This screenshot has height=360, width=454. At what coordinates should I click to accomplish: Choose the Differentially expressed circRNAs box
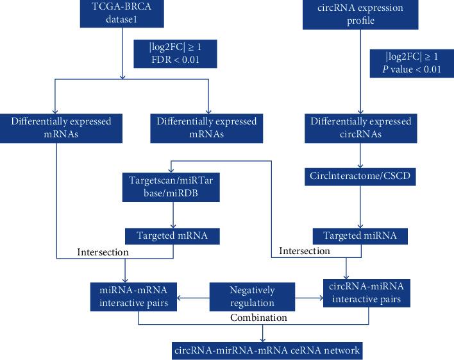click(360, 128)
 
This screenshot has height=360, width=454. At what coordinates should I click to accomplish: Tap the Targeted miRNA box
click(360, 236)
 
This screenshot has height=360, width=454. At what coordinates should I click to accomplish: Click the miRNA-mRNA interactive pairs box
click(133, 296)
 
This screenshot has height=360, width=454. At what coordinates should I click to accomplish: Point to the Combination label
click(258, 317)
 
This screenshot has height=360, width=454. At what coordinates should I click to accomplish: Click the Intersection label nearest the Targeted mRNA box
click(103, 252)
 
